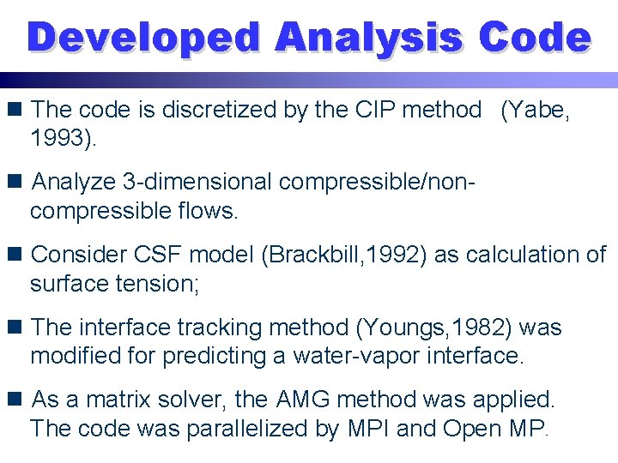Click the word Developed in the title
[142, 39]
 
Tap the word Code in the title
[535, 39]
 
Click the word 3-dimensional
[197, 183]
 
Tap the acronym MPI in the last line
[373, 428]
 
